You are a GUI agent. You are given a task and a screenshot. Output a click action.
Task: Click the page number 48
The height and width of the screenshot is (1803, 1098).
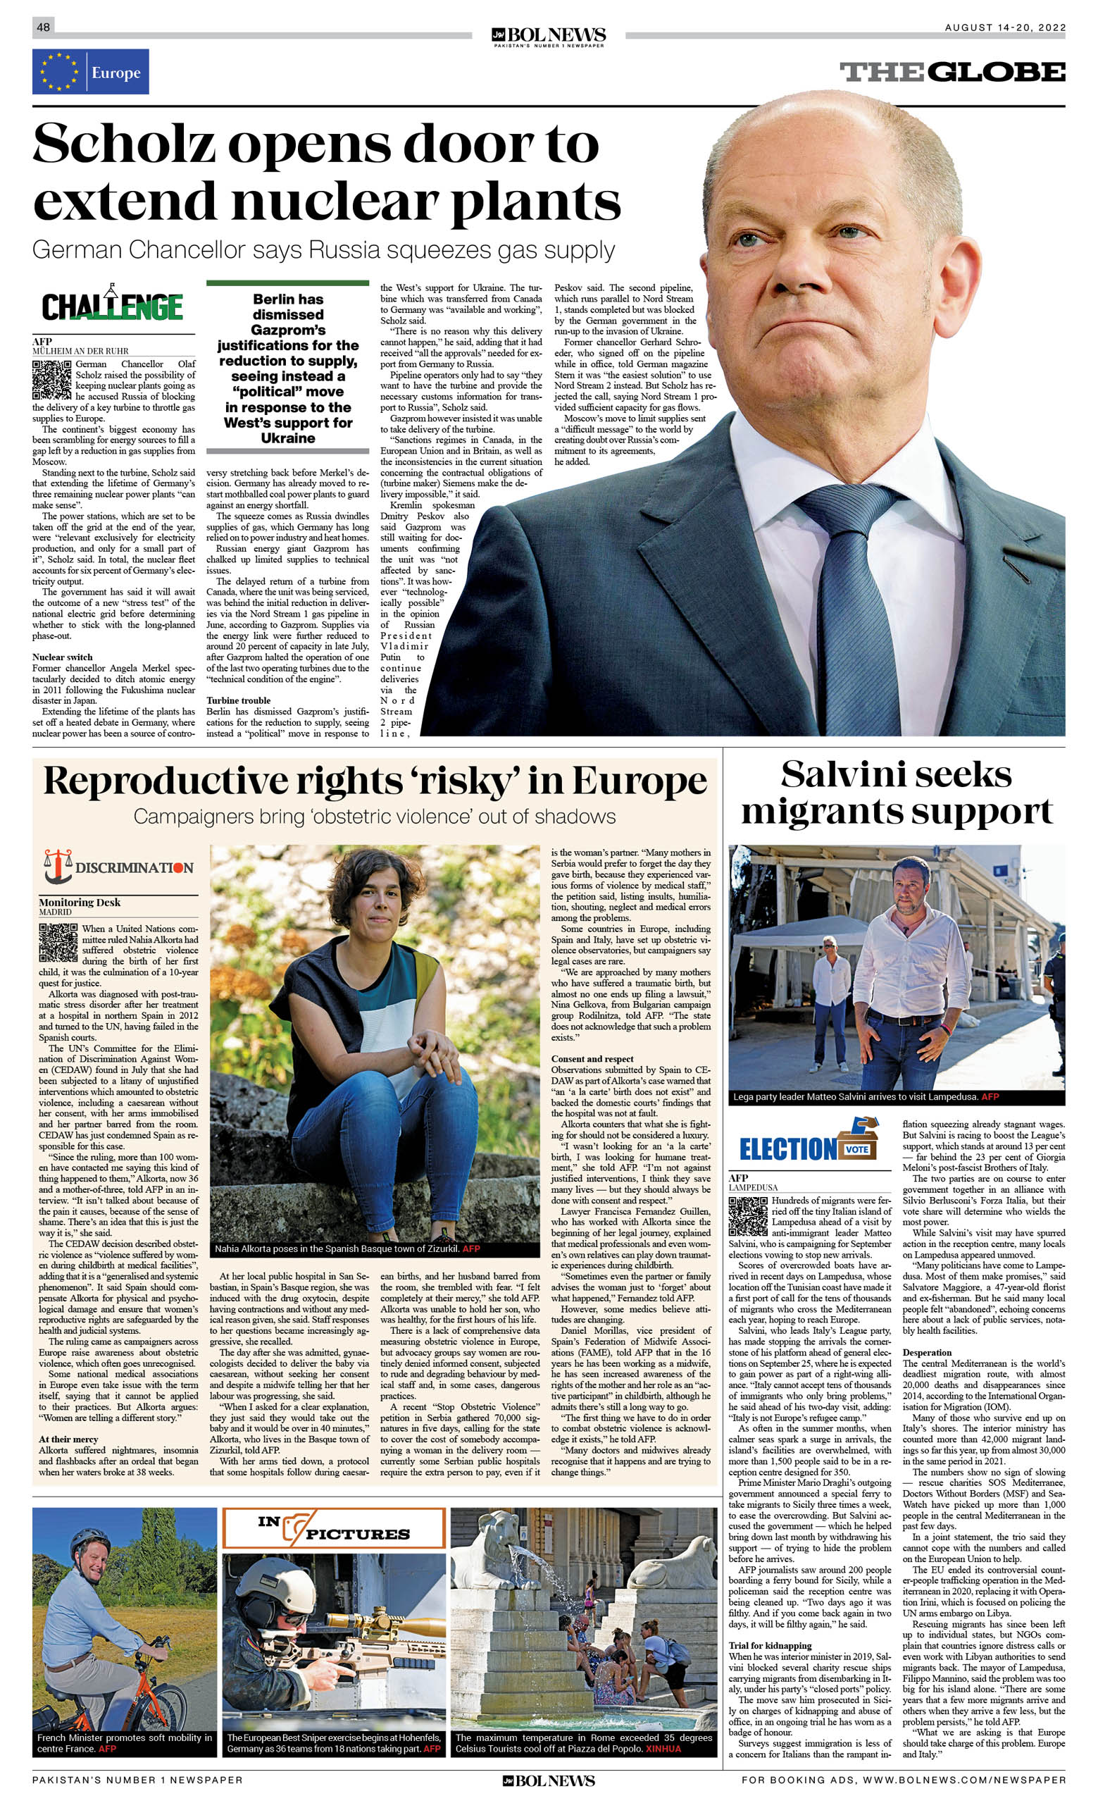[x=43, y=27]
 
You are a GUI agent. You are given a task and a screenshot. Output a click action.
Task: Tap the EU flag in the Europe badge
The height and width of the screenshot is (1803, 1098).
[x=59, y=72]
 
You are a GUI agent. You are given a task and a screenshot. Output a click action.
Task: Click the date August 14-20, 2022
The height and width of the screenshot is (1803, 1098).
[x=1004, y=27]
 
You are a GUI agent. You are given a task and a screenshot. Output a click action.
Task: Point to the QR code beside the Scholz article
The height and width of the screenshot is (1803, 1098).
[x=51, y=380]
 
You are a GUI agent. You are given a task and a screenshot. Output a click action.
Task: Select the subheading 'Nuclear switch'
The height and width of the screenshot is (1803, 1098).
[x=62, y=657]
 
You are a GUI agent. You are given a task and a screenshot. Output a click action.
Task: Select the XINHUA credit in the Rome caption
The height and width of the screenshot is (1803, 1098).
[x=663, y=1748]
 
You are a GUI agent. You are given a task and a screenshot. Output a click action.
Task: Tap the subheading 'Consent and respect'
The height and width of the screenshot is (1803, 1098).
[x=592, y=1059]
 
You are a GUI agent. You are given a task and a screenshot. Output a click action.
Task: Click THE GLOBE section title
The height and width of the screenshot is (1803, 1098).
[x=952, y=72]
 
